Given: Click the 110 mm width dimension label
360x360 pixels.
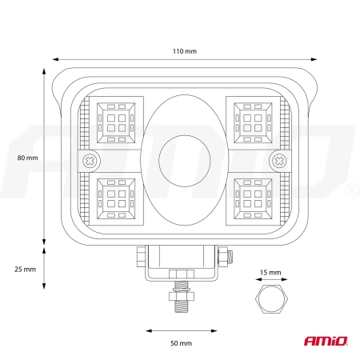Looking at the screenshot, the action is (185, 51).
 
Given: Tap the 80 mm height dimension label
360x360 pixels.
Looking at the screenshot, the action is (27, 158).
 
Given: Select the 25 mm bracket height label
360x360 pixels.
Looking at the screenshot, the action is (25, 270).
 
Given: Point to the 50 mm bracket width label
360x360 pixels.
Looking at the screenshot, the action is (181, 343).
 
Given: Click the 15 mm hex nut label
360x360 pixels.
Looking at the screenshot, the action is (270, 273).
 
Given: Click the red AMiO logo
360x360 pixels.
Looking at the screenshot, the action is (326, 341).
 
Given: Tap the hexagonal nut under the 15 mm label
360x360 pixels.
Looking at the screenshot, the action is (271, 299).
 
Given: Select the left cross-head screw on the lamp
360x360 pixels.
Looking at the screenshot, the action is (90, 161).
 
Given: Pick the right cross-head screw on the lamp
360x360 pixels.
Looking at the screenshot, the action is (279, 161).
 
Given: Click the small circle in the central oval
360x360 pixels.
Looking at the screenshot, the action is (185, 161).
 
